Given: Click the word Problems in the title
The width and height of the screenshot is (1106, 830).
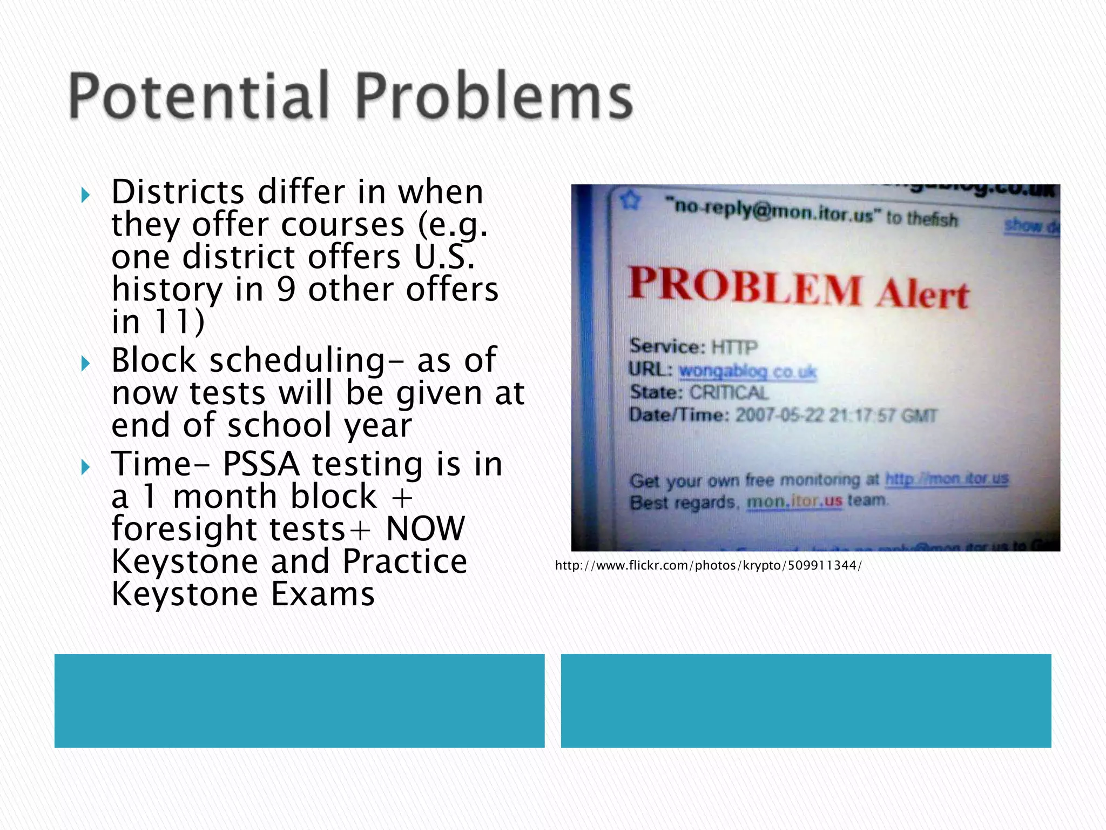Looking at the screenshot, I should [494, 96].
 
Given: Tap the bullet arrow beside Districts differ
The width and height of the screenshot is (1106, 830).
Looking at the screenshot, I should [85, 195].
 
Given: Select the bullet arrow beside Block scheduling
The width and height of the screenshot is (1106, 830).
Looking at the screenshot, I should [85, 363].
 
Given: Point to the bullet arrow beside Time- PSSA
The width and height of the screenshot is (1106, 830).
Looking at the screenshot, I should [85, 467].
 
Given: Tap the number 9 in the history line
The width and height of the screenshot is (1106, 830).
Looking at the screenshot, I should [286, 289].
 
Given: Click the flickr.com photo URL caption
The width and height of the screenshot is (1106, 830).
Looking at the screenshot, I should [708, 565].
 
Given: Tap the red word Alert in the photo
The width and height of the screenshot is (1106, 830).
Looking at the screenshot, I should [922, 295].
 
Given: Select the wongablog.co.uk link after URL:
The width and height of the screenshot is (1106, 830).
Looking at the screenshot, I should [747, 371].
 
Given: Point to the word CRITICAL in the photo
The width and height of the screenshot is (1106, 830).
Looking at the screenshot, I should [729, 392].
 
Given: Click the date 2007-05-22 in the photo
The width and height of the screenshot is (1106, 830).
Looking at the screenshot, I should [780, 415].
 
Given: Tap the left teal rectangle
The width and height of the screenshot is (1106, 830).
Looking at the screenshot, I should [299, 700].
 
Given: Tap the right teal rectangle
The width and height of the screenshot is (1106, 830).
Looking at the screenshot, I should [806, 700].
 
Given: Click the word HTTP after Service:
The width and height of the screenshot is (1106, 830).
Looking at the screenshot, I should [734, 346].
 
